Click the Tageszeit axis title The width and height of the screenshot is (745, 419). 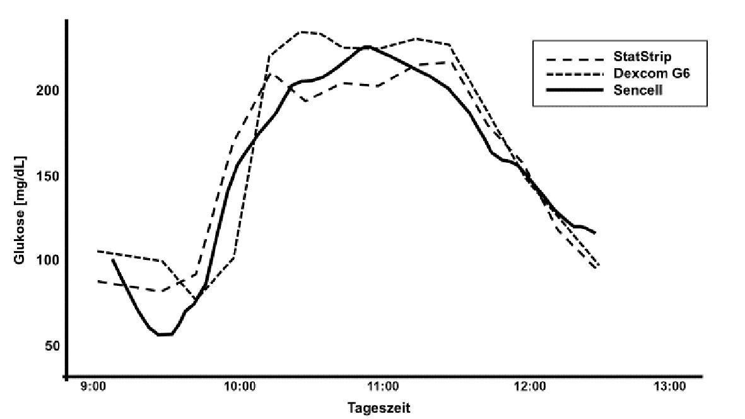(379, 408)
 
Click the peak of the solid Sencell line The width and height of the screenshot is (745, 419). (368, 47)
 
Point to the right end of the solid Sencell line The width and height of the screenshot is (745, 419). (595, 233)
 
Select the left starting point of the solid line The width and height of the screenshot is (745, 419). (112, 259)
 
